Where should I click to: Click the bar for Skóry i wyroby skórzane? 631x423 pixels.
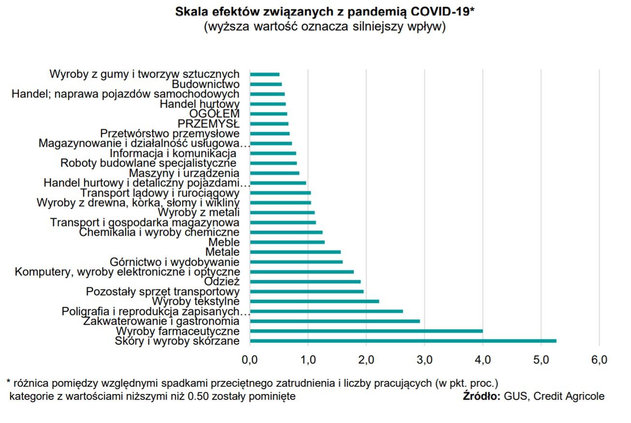click(403, 341)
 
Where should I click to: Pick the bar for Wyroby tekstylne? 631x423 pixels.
click(315, 301)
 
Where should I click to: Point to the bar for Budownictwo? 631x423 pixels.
click(266, 84)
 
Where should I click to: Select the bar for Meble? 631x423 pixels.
click(287, 242)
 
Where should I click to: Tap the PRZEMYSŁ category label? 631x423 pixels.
click(209, 124)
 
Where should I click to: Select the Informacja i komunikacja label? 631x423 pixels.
click(172, 153)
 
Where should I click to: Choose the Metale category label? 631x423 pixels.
click(222, 252)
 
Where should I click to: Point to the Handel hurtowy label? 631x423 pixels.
click(200, 104)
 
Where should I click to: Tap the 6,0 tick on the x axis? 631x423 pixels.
click(599, 359)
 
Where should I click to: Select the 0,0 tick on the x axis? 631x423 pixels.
click(250, 359)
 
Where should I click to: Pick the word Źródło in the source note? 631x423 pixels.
click(481, 396)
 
